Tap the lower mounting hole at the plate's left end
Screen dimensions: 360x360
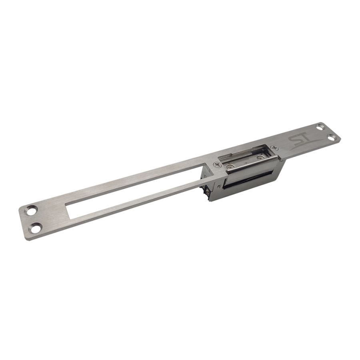click(x=36, y=228)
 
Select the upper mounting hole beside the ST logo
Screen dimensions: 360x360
click(x=320, y=126)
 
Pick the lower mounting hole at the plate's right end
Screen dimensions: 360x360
click(x=331, y=137)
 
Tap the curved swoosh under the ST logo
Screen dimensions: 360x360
click(x=304, y=146)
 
